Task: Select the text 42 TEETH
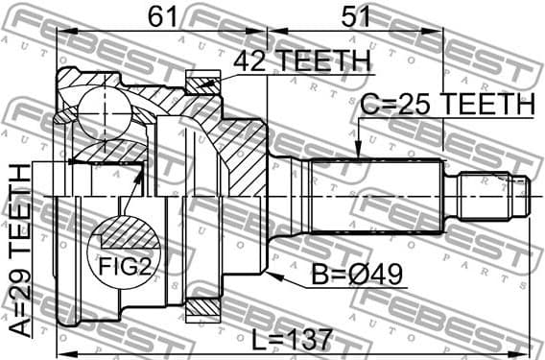(301, 60)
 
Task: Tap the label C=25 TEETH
(447, 104)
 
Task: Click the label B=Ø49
(358, 276)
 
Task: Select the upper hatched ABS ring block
(202, 84)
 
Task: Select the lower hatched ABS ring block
(202, 309)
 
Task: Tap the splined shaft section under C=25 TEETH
(374, 196)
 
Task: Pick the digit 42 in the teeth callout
(252, 60)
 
